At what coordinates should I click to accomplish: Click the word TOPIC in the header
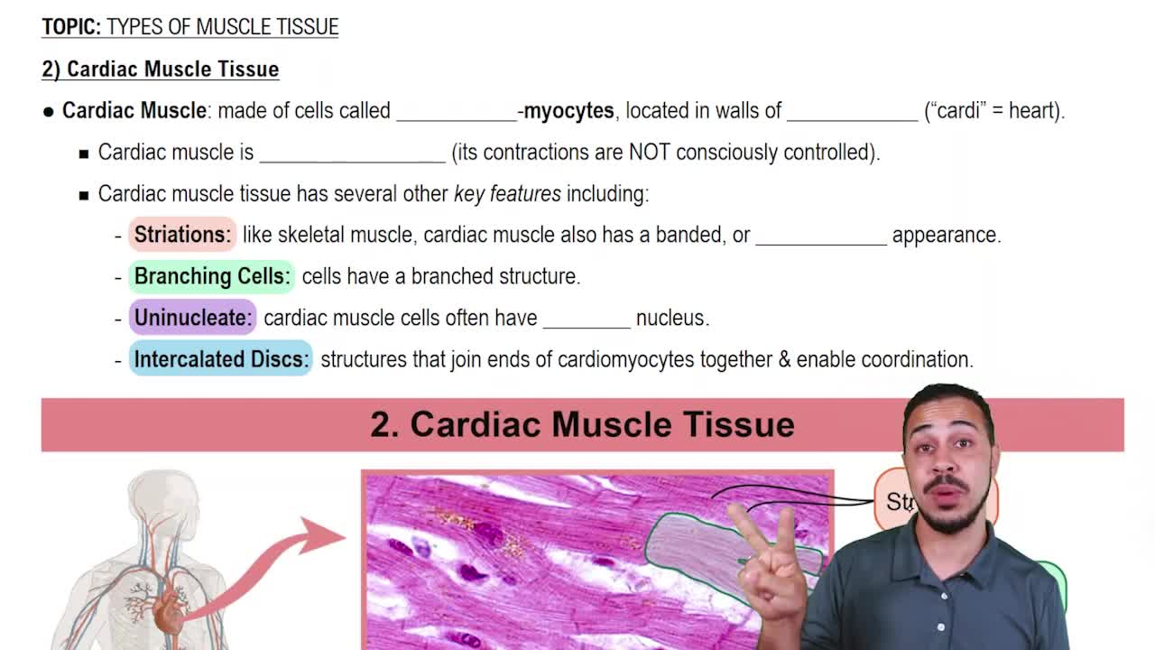(71, 27)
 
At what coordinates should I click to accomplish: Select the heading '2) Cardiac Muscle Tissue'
(160, 70)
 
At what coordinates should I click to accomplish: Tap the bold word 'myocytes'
(568, 111)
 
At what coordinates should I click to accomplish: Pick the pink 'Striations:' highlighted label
(182, 235)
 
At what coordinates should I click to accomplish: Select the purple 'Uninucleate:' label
(193, 318)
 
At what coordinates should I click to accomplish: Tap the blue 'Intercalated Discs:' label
(221, 359)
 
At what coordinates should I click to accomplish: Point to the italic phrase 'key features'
(507, 194)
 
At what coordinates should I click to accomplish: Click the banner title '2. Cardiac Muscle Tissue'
(582, 424)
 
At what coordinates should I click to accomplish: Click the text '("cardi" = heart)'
(994, 111)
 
